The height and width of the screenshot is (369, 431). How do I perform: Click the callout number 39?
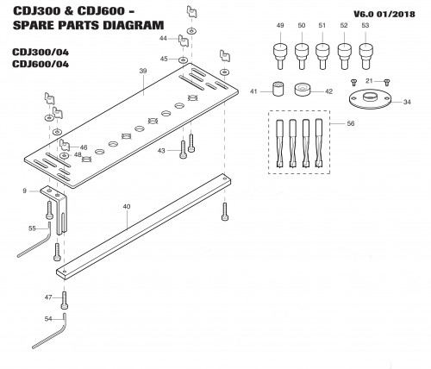pyautogui.click(x=143, y=71)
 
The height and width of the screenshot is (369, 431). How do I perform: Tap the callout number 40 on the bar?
pyautogui.click(x=127, y=207)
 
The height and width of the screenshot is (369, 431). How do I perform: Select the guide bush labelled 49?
pyautogui.click(x=280, y=56)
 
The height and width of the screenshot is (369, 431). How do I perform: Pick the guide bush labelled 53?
pyautogui.click(x=365, y=56)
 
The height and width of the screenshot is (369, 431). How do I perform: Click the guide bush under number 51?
pyautogui.click(x=322, y=56)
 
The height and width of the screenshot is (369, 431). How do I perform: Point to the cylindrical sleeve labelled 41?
pyautogui.click(x=278, y=89)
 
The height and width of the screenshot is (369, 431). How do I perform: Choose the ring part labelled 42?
pyautogui.click(x=303, y=90)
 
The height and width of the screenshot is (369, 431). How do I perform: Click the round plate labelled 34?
pyautogui.click(x=370, y=99)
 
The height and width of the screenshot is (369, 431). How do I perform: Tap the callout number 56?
pyautogui.click(x=351, y=123)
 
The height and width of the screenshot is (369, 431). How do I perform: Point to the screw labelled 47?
pyautogui.click(x=65, y=300)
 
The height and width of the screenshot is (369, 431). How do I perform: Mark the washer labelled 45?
pyautogui.click(x=182, y=59)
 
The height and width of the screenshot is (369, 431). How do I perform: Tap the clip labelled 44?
pyautogui.click(x=183, y=41)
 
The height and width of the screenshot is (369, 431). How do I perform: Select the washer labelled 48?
pyautogui.click(x=64, y=156)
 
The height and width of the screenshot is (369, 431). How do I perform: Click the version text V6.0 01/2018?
pyautogui.click(x=384, y=15)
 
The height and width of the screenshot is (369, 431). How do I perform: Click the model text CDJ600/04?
pyautogui.click(x=41, y=64)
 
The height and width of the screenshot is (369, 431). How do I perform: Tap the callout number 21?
pyautogui.click(x=369, y=81)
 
